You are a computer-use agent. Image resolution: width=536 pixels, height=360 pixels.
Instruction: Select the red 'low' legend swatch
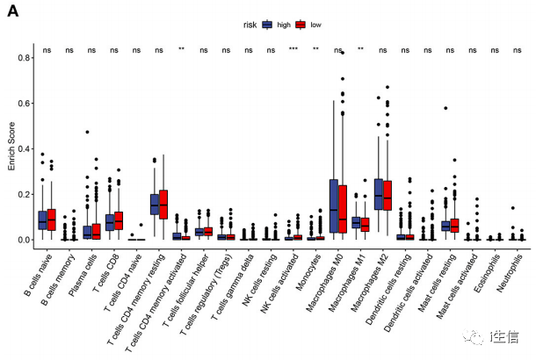point(301,25)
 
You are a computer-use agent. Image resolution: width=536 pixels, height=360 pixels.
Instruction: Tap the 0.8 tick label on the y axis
point(19,57)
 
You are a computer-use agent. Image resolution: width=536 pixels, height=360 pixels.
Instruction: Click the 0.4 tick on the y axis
point(19,148)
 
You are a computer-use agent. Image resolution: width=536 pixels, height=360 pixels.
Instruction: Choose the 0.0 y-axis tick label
point(19,240)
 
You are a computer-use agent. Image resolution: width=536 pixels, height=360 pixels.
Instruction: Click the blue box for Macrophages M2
point(379,194)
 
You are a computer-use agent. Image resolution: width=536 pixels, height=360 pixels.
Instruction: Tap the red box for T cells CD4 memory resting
point(163,204)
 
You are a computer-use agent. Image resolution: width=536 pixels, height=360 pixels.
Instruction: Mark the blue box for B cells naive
point(42,220)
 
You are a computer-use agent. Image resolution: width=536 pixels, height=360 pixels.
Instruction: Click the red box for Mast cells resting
point(454,225)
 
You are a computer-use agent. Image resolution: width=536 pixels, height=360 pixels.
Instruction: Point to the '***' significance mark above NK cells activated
point(293,49)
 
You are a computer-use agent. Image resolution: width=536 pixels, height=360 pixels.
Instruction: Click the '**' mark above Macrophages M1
point(361,49)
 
